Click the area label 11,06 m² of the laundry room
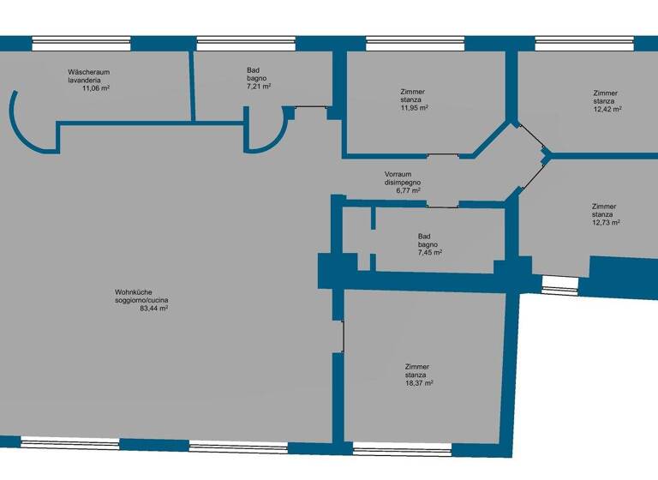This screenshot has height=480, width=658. click(x=95, y=87)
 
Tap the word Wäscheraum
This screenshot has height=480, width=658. click(x=89, y=72)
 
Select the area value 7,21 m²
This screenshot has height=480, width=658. click(x=259, y=87)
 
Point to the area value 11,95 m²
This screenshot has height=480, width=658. click(x=414, y=108)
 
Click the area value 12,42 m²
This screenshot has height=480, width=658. click(x=607, y=109)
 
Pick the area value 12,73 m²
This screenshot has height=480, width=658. click(x=606, y=222)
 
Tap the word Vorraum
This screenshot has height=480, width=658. click(x=398, y=174)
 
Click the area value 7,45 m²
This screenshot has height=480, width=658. click(x=430, y=253)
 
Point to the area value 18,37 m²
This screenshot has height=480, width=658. click(x=419, y=383)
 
